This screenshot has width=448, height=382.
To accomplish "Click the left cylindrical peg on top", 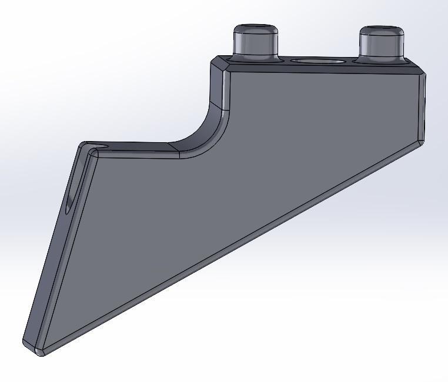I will tap(255, 43).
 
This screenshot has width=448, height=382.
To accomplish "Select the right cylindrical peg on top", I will tap(382, 45).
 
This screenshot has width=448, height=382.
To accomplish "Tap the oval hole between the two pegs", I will tap(319, 61).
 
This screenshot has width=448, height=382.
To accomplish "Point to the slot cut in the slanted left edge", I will tap(70, 200).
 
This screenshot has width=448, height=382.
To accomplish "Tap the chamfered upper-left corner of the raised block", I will tap(219, 64).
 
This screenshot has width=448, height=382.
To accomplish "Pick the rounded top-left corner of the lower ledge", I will tap(90, 149).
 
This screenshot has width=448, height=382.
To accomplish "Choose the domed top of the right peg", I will tap(382, 29).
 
